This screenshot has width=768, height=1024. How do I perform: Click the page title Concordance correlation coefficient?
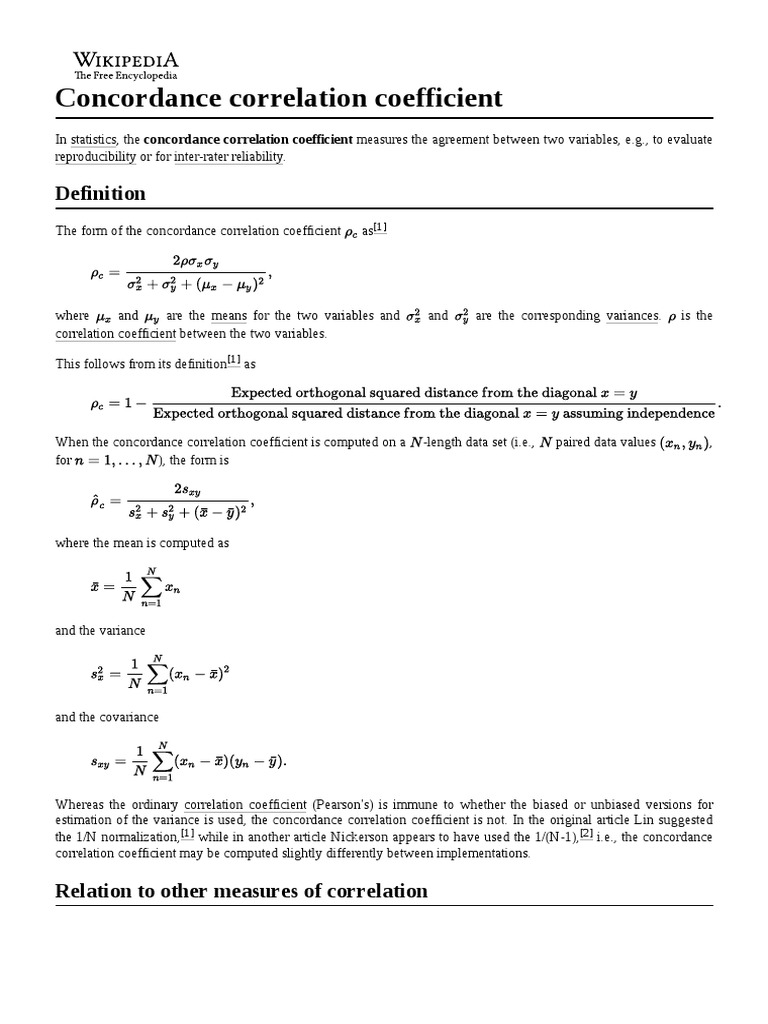point(279,99)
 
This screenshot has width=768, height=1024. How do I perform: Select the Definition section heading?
point(100,193)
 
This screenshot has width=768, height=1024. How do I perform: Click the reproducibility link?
point(96,157)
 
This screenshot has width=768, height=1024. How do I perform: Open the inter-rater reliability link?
point(229,157)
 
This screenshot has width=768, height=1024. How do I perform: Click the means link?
point(228,316)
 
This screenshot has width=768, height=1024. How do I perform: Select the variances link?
point(632,316)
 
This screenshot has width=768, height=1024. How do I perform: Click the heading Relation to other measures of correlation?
point(242,891)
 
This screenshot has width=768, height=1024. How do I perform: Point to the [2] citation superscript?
point(587,834)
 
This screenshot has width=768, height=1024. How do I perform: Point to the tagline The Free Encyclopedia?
point(125,75)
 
